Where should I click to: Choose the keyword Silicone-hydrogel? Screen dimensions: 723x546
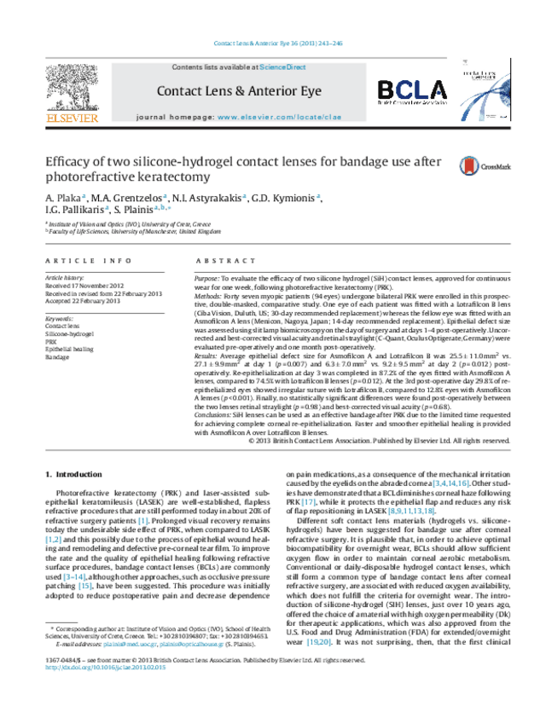68,333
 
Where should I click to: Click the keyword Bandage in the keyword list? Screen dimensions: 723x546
57,356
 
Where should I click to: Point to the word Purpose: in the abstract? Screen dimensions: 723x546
208,279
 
